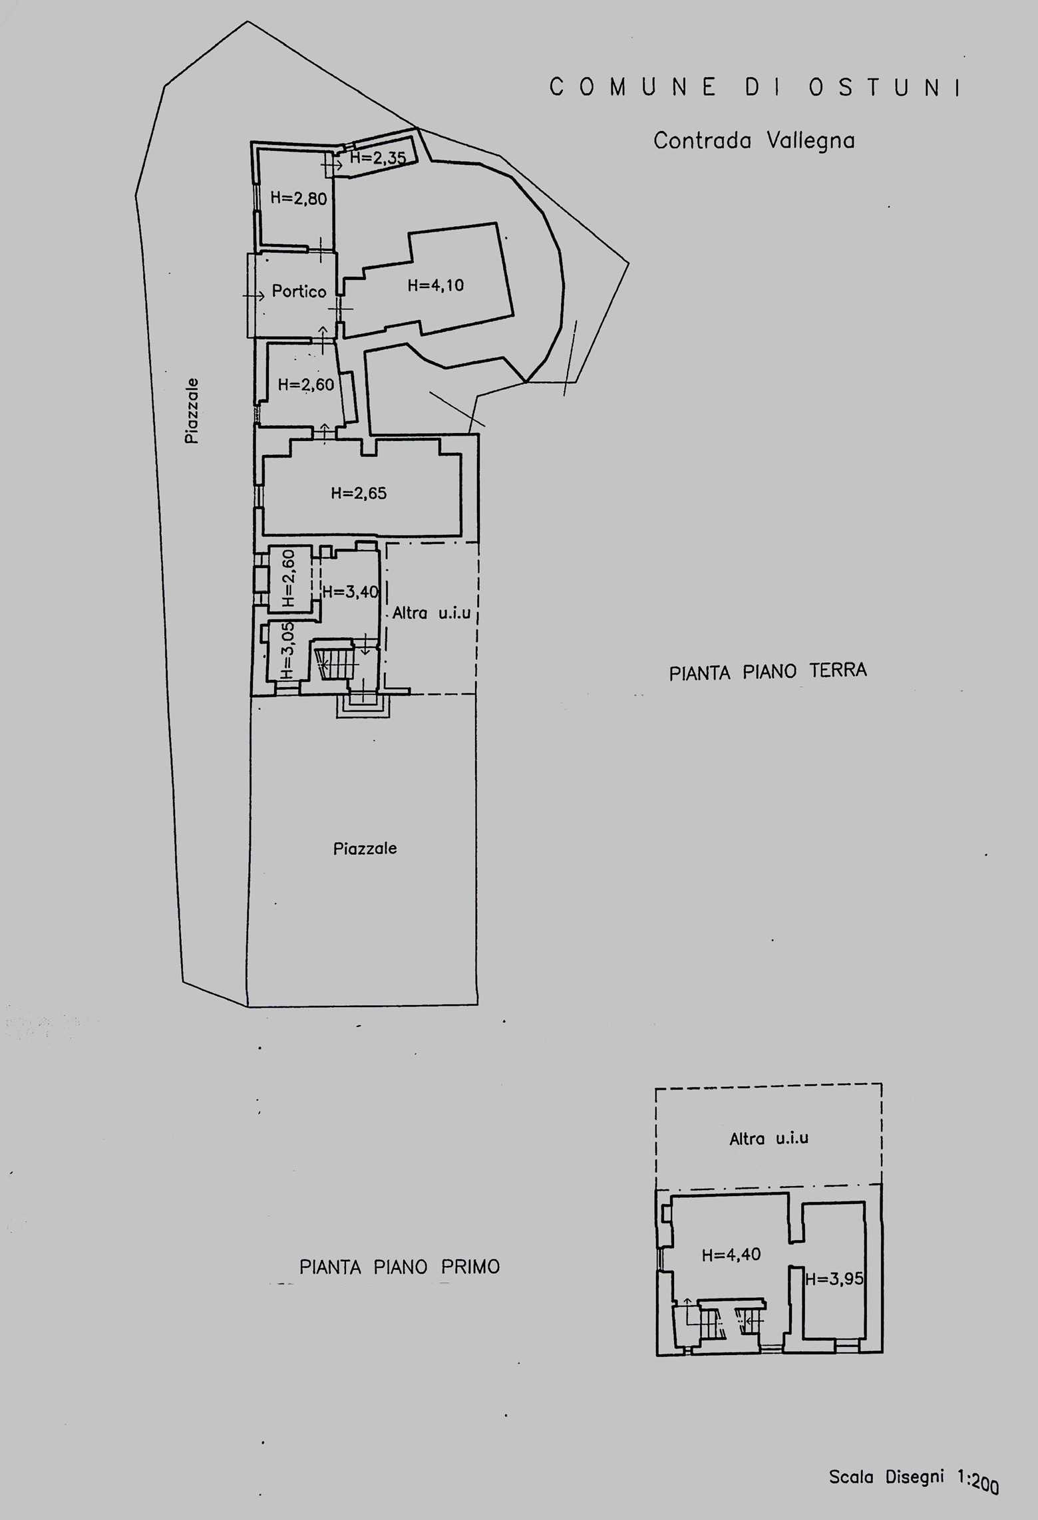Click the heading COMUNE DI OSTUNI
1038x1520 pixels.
(756, 87)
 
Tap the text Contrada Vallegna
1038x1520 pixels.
(754, 140)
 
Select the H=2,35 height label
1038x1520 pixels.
(378, 158)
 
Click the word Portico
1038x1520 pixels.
(299, 291)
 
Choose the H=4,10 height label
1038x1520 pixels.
(436, 285)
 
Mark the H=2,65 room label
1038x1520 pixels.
(359, 493)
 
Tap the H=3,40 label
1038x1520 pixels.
(351, 591)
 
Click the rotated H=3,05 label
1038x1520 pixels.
(287, 650)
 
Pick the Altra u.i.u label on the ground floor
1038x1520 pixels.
(431, 613)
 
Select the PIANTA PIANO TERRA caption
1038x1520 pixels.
(768, 672)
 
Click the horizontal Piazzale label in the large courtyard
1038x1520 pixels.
(365, 848)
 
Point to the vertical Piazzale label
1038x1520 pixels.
(192, 410)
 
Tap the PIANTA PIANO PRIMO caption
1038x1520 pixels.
(399, 1267)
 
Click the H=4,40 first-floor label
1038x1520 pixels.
(731, 1255)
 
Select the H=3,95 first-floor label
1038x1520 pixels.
(834, 1279)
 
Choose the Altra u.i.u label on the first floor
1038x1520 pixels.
(769, 1138)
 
